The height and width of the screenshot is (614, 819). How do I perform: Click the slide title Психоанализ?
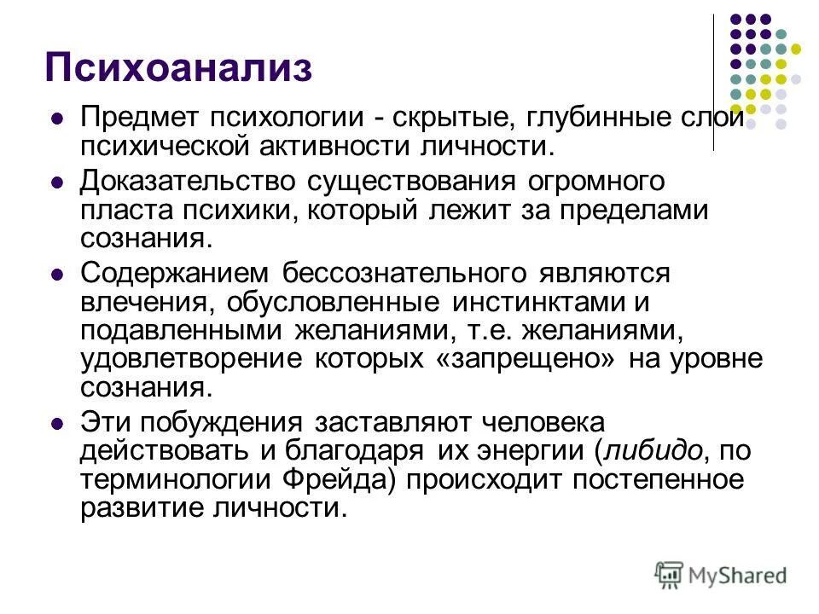[178, 67]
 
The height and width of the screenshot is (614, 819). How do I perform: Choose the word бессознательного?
[403, 274]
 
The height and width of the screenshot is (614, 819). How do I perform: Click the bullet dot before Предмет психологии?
[58, 120]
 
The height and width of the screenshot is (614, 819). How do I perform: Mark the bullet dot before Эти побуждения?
[58, 424]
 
